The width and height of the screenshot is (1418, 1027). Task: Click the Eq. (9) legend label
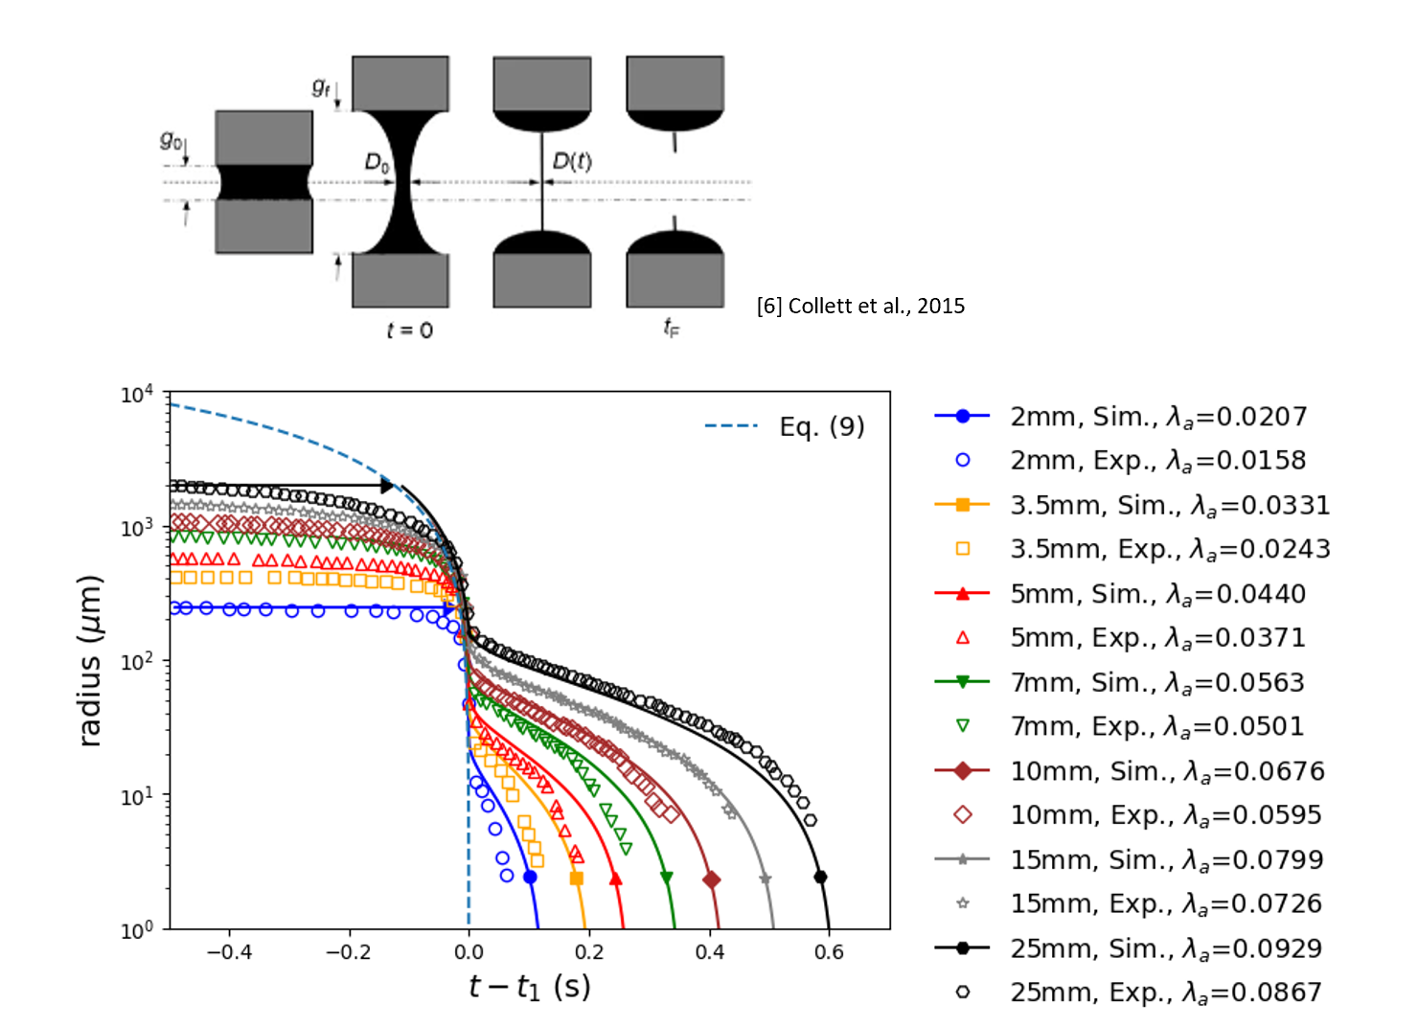click(x=821, y=426)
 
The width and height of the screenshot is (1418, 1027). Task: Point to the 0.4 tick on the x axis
click(x=709, y=952)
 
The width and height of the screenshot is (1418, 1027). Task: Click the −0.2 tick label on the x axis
click(x=349, y=952)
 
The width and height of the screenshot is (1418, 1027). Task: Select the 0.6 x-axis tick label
click(x=829, y=952)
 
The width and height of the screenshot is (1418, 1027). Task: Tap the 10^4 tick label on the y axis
click(x=136, y=395)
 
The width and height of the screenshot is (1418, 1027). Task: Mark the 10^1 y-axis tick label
click(x=136, y=796)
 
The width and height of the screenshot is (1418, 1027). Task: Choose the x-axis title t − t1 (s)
click(x=529, y=987)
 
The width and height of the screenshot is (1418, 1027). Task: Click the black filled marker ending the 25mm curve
click(x=820, y=877)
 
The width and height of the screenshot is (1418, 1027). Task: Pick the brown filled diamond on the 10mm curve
click(x=711, y=879)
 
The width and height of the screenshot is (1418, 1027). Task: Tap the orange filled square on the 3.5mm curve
click(x=576, y=879)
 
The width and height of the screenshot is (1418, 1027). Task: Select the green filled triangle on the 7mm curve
click(x=667, y=878)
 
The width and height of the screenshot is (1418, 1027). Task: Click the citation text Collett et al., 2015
click(x=860, y=306)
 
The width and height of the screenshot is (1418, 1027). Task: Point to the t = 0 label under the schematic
click(x=409, y=331)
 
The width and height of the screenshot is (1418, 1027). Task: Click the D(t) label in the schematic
click(x=572, y=161)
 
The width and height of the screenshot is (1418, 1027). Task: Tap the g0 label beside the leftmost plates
click(x=171, y=140)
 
